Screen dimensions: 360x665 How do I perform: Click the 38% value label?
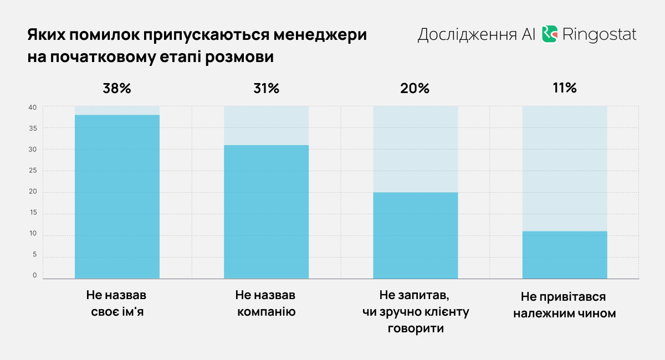[117, 88]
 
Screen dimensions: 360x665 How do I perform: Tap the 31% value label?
[266, 88]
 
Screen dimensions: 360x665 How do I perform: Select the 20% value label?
[416, 88]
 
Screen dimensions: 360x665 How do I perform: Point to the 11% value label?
[565, 88]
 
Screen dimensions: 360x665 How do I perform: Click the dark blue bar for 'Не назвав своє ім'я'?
[117, 197]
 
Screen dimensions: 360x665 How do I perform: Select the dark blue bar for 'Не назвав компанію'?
[266, 212]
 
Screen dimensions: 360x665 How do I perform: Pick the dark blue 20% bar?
[416, 235]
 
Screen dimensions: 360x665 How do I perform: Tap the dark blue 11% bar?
[565, 255]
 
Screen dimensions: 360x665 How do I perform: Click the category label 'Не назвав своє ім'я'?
[117, 303]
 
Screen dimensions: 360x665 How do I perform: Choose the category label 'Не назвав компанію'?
[266, 303]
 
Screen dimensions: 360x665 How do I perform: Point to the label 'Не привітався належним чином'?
[565, 305]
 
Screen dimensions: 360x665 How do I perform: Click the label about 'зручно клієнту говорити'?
[416, 312]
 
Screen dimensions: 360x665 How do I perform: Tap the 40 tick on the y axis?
[33, 107]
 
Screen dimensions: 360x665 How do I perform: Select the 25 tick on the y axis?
[33, 171]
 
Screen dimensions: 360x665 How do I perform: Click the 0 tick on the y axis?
[35, 275]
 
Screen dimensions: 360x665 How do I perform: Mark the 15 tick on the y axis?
[33, 213]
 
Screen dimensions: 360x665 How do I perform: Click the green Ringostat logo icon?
[549, 34]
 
